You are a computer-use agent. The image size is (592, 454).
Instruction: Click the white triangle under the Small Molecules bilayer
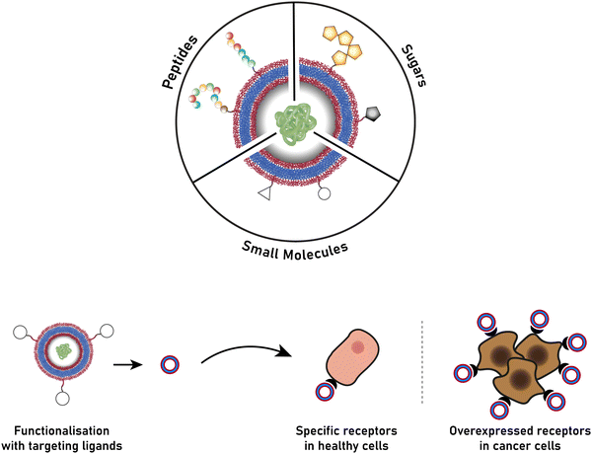coord(263,194)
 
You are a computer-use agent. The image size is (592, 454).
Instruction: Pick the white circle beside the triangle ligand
coord(325,194)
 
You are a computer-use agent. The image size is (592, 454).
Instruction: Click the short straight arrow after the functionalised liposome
coord(125,363)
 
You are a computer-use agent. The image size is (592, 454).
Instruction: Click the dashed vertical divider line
coord(424,360)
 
